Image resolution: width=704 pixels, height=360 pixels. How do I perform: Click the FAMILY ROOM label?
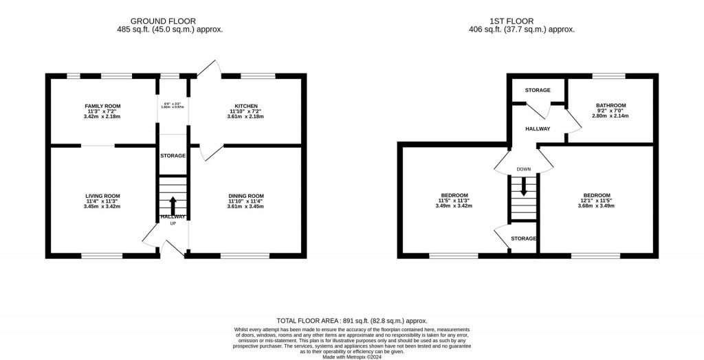[102, 106]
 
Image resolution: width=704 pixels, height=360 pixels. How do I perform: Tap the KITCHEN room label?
[245, 106]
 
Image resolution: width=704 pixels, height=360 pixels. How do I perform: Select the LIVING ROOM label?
[102, 196]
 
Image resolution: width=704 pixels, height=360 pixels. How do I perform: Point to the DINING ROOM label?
[245, 196]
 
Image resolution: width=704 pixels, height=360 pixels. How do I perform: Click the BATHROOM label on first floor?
[610, 105]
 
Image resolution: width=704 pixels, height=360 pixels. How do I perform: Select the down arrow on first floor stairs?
[524, 187]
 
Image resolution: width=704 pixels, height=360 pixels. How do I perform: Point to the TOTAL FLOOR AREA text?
[351, 321]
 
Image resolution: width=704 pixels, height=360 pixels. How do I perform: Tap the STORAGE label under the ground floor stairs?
[173, 156]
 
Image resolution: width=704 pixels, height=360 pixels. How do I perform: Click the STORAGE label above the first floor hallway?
[538, 90]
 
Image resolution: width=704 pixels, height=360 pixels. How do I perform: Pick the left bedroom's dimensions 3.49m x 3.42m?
[454, 205]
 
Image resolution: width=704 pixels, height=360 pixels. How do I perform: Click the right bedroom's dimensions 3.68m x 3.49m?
[597, 205]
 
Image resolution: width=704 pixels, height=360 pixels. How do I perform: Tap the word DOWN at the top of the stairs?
[524, 168]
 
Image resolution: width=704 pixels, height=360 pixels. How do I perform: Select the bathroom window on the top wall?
[609, 76]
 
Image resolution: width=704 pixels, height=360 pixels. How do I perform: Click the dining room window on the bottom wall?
[245, 256]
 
